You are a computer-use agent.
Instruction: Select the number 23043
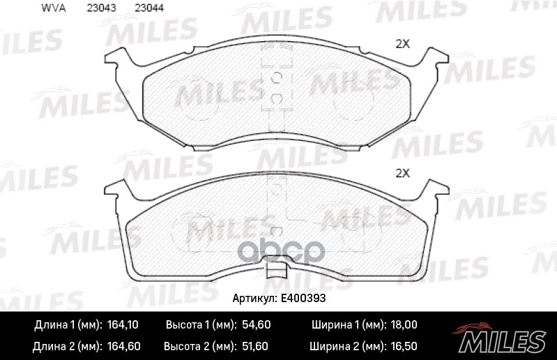(98, 8)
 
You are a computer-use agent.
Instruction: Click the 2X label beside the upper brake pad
(402, 44)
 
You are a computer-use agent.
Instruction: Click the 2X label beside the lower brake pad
(402, 173)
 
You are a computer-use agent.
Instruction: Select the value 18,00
(402, 325)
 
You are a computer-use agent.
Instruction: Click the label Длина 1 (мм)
(67, 325)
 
